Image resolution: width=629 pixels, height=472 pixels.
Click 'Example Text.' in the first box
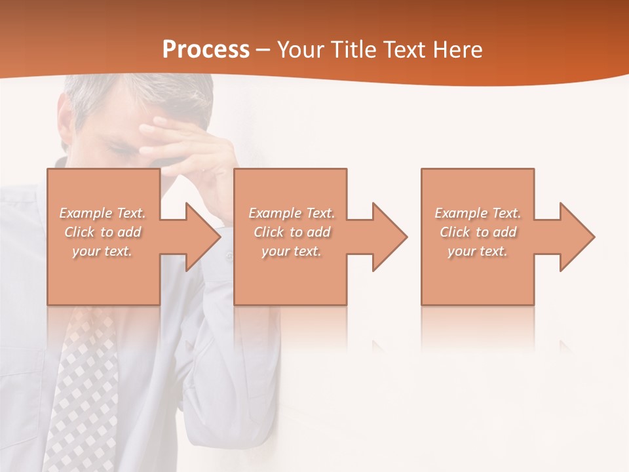click(102, 213)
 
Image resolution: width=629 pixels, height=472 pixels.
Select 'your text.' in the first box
click(102, 251)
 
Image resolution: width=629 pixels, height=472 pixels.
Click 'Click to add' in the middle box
click(292, 232)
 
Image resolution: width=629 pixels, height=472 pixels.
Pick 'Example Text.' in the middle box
click(292, 213)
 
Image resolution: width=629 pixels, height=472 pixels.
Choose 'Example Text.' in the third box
click(478, 213)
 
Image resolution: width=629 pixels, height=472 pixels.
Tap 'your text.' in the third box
click(478, 251)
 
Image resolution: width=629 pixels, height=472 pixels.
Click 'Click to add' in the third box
click(478, 232)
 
